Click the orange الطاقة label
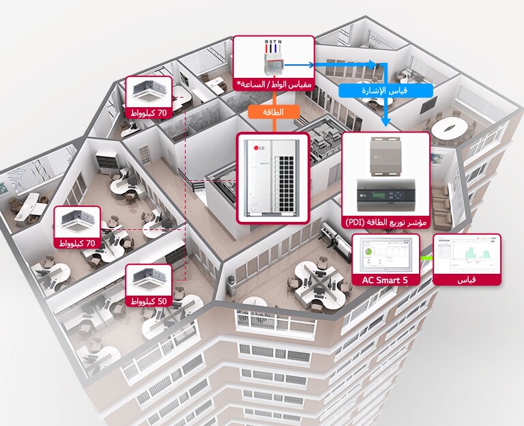tap(273, 111)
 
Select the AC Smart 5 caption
tap(386, 280)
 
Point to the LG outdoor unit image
tap(272, 178)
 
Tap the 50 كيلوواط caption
tap(151, 301)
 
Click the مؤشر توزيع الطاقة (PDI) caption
tap(386, 222)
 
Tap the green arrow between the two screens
tap(426, 258)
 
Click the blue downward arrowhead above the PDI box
tap(385, 124)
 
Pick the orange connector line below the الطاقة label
tap(273, 126)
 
